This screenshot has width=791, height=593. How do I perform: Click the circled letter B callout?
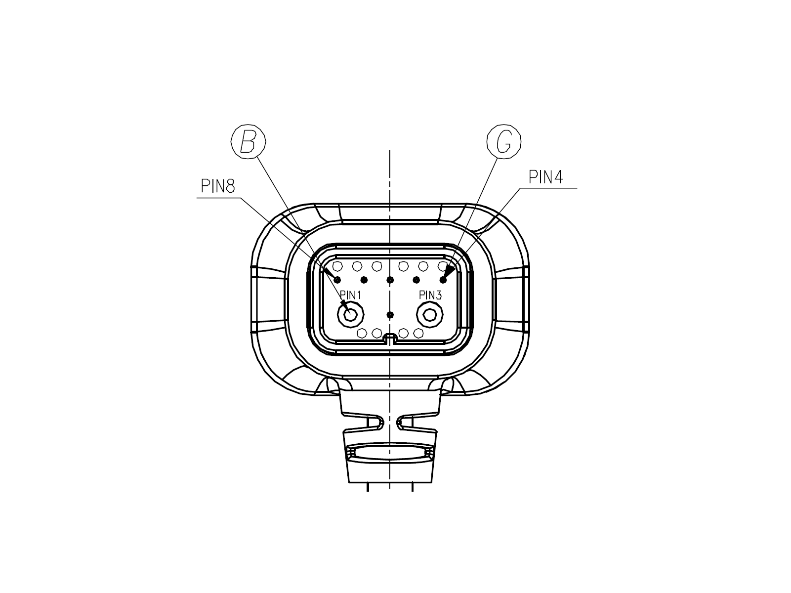click(x=249, y=142)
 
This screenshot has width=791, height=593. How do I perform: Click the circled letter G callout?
click(x=504, y=142)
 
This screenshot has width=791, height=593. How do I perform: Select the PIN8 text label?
click(x=218, y=186)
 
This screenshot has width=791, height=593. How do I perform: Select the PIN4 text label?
click(x=545, y=177)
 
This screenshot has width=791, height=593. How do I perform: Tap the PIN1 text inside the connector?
click(x=350, y=295)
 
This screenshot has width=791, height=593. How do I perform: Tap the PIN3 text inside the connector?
click(x=430, y=295)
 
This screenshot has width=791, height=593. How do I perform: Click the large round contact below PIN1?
click(x=350, y=315)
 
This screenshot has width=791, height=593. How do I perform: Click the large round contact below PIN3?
click(x=429, y=315)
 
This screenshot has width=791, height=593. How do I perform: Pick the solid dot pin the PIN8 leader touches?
click(x=337, y=280)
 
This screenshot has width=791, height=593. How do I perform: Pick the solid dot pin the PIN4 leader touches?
click(x=443, y=280)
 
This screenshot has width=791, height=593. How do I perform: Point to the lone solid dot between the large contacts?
click(x=390, y=315)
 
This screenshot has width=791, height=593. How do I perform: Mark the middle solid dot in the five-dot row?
click(x=390, y=280)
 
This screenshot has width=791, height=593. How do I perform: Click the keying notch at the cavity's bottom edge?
click(x=390, y=338)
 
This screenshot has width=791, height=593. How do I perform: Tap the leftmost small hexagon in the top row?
click(x=337, y=266)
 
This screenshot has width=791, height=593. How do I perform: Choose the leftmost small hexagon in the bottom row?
click(x=362, y=333)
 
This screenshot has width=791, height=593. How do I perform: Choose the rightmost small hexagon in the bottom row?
click(x=418, y=333)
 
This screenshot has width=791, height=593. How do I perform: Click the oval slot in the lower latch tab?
click(x=390, y=453)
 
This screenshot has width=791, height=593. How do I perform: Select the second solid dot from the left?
click(x=364, y=280)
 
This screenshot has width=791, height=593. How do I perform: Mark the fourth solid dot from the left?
click(x=416, y=280)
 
